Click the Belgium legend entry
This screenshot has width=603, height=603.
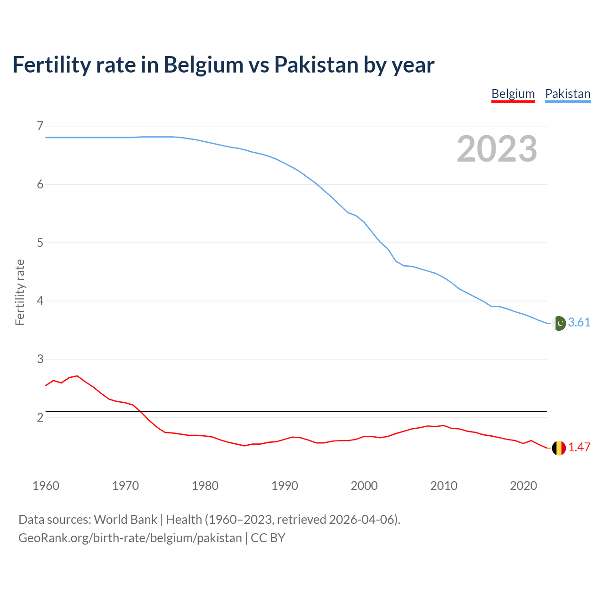coord(513,94)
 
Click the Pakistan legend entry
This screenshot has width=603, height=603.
coord(568,94)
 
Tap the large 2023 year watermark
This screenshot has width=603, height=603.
coord(497,149)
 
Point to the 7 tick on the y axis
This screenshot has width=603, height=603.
coord(40,126)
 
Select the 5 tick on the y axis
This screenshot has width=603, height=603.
coord(40,243)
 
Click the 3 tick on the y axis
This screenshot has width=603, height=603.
coord(40,359)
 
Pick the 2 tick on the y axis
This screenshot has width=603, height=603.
coord(40,417)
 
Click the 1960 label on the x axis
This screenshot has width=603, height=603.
coord(46,486)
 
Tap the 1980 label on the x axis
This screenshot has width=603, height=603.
coord(205,486)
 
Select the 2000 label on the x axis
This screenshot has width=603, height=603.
coord(364,486)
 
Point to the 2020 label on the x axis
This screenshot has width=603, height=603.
coord(523,486)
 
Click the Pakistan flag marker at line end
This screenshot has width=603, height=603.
coord(559,323)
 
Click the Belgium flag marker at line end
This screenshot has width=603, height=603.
coord(559,448)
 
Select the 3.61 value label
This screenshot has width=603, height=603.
coord(579,322)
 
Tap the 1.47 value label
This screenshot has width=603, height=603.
coord(579,447)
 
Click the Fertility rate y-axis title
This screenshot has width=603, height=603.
coord(20,292)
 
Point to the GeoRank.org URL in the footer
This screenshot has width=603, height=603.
coord(130,538)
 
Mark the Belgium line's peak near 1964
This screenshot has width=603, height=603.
coord(77,376)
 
